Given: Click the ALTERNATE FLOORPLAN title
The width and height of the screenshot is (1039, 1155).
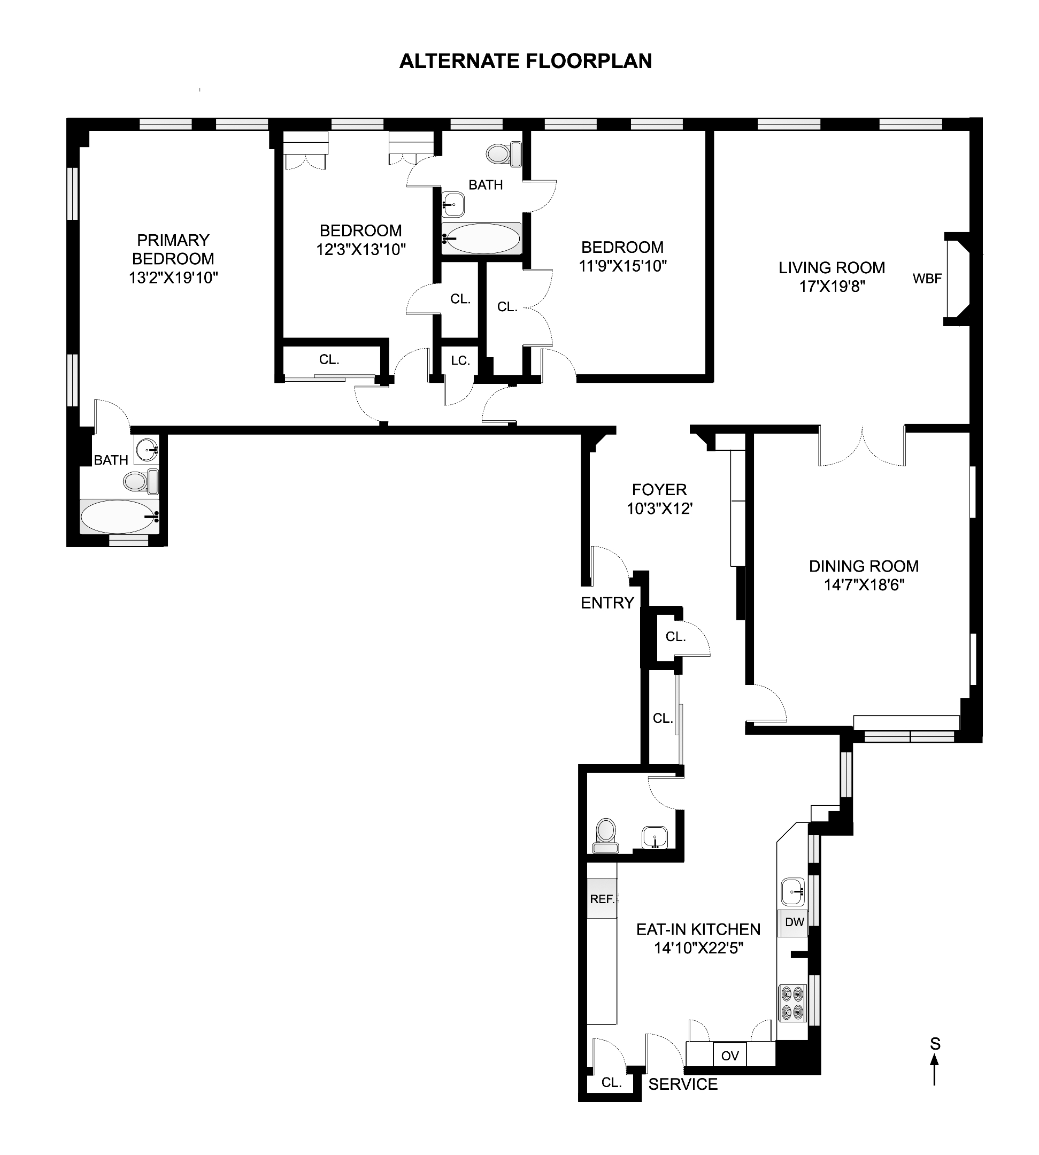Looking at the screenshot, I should [x=525, y=61].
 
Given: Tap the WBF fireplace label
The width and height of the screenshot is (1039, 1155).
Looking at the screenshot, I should [x=927, y=279].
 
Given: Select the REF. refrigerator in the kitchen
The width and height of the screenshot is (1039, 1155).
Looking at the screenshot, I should [x=602, y=899].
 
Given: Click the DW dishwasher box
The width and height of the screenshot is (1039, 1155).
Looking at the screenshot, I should [x=794, y=922].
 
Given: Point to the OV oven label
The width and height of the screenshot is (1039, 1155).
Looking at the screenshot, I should [x=729, y=1056].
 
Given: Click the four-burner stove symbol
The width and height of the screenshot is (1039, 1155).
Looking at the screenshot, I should [x=793, y=1003].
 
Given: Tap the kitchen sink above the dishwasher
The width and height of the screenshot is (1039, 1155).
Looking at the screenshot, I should [x=793, y=891].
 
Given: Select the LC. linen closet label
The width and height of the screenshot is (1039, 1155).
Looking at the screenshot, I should [x=460, y=360].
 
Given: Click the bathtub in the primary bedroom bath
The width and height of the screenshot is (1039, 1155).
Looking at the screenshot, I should [x=119, y=517].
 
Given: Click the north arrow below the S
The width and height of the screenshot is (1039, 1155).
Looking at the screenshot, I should [x=935, y=1071].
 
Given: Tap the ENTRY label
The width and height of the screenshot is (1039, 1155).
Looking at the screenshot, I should [x=607, y=602].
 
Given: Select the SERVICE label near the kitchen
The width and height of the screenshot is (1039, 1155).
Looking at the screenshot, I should [x=683, y=1084].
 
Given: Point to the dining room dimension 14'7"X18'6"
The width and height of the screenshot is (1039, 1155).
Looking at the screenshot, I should [x=864, y=585].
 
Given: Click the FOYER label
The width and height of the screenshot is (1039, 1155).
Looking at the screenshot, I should [x=659, y=489].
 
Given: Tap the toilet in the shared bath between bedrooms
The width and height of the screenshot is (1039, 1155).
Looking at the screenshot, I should [x=504, y=153].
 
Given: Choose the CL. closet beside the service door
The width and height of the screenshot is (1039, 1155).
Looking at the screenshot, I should [x=611, y=1082].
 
